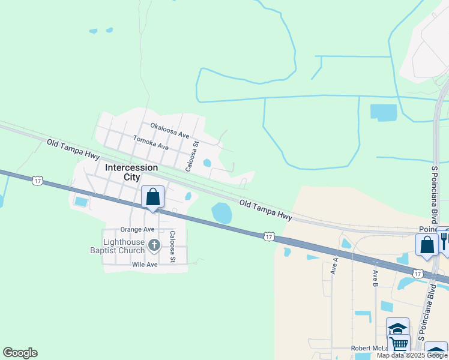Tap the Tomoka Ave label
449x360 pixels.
(x=151, y=145)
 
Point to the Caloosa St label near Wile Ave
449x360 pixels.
(x=173, y=247)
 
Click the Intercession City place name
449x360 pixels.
(x=131, y=172)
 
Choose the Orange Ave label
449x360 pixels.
(x=137, y=229)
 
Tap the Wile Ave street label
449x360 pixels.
(x=145, y=264)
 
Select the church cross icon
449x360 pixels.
(x=154, y=245)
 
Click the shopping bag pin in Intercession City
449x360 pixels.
(x=152, y=197)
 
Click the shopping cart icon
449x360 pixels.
(x=399, y=344)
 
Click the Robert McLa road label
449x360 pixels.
(x=369, y=349)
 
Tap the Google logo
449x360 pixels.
(x=20, y=353)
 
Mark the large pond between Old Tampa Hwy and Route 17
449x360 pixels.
(x=221, y=212)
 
